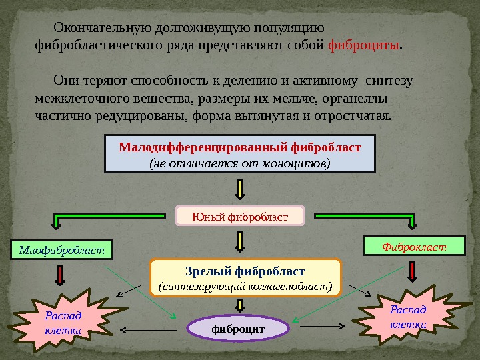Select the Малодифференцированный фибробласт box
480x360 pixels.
[x=241, y=154]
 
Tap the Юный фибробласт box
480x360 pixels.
[x=239, y=216]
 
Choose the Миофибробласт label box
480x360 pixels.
[x=63, y=250]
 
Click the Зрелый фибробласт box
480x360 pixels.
[x=245, y=278]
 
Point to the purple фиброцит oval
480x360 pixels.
[x=238, y=329]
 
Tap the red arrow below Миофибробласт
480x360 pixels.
[x=61, y=274]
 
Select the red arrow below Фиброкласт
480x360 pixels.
[x=413, y=271]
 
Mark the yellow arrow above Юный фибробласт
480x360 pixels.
[x=241, y=188]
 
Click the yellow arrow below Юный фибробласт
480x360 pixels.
[x=241, y=242]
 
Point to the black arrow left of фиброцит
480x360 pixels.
[x=149, y=329]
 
